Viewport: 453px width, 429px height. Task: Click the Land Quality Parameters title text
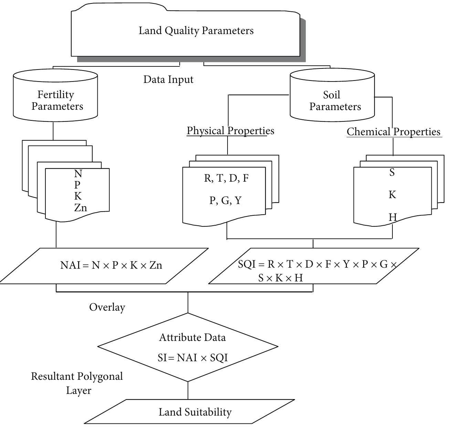(196, 31)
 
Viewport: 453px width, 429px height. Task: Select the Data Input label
(168, 79)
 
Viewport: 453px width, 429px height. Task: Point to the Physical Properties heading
(230, 131)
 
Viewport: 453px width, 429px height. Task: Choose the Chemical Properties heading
(393, 132)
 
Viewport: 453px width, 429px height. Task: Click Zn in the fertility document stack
(81, 208)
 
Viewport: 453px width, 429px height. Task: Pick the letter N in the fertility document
(78, 174)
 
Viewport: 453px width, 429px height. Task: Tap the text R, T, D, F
(226, 178)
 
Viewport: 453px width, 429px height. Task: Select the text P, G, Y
(225, 200)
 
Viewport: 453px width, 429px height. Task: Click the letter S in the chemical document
(392, 173)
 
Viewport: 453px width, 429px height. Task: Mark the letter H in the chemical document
(392, 217)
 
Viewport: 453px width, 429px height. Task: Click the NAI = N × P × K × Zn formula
(111, 265)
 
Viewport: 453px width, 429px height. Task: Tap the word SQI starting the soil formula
(246, 264)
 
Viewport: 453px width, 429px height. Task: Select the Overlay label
(107, 307)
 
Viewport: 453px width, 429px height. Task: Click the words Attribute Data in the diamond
(192, 337)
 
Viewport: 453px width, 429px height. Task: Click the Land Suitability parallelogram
(195, 412)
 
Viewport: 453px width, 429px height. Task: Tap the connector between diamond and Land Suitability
(188, 390)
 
